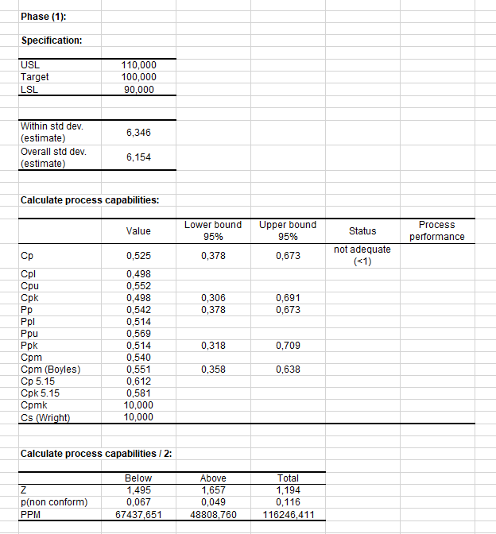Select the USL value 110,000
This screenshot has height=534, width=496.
138,65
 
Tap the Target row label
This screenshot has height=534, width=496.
35,77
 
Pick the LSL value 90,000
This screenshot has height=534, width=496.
138,89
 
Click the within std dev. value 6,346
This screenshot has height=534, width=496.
138,133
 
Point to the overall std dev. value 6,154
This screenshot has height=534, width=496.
138,157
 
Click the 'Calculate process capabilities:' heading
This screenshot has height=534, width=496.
89,199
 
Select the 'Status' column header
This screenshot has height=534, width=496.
362,231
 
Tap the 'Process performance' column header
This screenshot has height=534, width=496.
437,231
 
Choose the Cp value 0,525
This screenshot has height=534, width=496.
138,256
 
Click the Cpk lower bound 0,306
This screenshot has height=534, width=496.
213,297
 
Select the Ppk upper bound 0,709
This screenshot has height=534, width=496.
288,346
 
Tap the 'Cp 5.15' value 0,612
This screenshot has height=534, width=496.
138,381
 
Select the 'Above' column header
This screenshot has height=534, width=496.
213,478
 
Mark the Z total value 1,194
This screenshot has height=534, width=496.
288,490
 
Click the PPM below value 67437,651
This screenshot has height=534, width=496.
138,514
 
